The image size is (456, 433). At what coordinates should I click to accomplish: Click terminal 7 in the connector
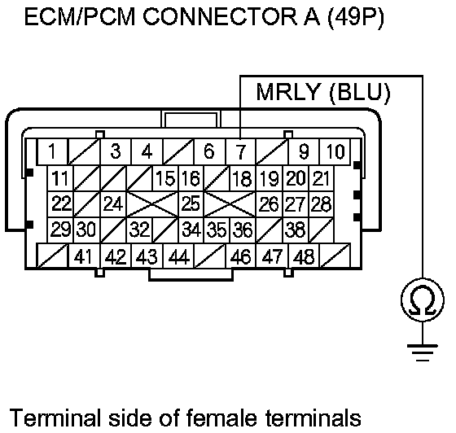tap(240, 151)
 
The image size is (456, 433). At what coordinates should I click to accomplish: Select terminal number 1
tap(52, 151)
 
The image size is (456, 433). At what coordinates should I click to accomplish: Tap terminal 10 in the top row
tap(335, 151)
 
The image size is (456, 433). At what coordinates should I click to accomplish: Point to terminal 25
tap(191, 204)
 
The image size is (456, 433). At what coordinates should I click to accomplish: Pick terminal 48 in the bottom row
tap(304, 256)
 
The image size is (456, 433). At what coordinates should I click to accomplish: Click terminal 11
tap(60, 178)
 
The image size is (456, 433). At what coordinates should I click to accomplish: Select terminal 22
tap(60, 204)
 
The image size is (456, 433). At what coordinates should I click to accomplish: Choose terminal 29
tap(60, 230)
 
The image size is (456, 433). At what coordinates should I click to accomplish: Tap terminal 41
tap(84, 256)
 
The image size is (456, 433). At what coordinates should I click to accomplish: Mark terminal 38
tap(296, 230)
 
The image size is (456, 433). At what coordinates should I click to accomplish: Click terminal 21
tap(322, 178)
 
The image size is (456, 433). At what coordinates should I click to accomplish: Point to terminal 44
tap(178, 256)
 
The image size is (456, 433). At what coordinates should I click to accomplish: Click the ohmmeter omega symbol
tap(423, 300)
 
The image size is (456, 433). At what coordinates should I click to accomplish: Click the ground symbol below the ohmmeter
tap(423, 352)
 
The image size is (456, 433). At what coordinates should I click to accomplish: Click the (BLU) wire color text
tap(359, 93)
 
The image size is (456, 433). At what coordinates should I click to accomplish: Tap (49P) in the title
tap(356, 17)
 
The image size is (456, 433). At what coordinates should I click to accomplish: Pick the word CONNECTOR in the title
tap(220, 17)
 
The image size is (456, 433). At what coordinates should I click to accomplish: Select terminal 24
tap(113, 204)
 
